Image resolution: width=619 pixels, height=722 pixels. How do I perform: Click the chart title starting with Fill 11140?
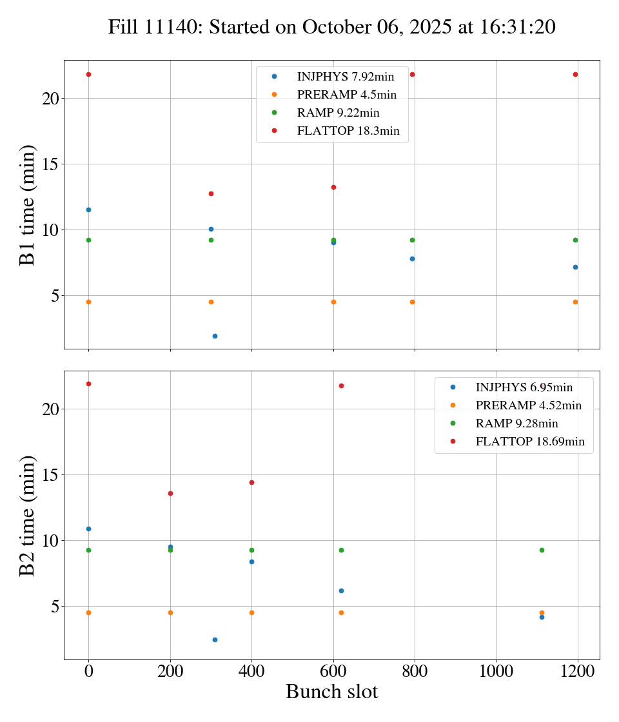click(x=331, y=27)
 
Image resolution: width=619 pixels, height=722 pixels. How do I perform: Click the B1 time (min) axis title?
click(x=27, y=205)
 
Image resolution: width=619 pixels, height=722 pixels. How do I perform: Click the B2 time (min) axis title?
click(x=27, y=515)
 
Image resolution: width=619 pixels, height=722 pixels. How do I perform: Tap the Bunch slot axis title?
click(x=331, y=692)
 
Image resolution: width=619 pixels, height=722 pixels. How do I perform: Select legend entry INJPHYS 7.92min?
click(x=345, y=76)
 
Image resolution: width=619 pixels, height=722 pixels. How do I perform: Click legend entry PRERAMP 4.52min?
click(x=528, y=405)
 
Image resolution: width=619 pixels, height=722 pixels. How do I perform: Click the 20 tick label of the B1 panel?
click(x=51, y=99)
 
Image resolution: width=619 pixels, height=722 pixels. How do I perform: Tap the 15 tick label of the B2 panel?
click(x=51, y=475)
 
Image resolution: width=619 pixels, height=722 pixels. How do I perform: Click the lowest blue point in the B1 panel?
click(x=215, y=336)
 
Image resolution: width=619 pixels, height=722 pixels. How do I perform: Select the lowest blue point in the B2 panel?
click(x=215, y=639)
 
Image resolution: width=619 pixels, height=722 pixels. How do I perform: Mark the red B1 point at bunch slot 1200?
click(x=575, y=74)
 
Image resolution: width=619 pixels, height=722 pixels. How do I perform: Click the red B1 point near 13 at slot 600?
click(x=333, y=187)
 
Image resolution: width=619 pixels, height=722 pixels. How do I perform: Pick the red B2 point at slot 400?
click(x=251, y=482)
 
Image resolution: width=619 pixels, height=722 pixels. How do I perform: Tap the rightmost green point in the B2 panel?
click(x=542, y=550)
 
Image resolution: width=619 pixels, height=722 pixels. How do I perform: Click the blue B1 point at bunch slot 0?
click(x=88, y=210)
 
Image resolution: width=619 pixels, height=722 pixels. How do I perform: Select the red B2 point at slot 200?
click(x=170, y=493)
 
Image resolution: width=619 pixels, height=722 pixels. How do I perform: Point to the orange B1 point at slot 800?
click(x=412, y=302)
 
